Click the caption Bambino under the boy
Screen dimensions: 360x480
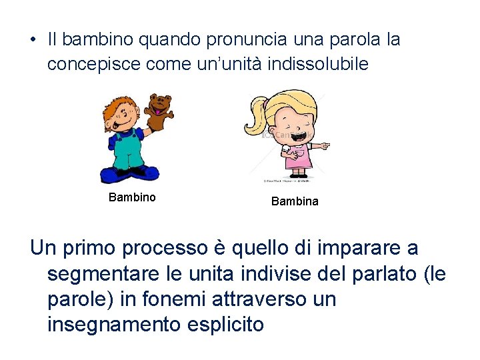pos(132,197)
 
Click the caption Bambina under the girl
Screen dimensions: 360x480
pos(295,201)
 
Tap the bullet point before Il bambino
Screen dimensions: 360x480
pos(33,40)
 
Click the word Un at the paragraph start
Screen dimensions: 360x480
pos(43,248)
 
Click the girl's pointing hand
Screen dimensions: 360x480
pos(323,145)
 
